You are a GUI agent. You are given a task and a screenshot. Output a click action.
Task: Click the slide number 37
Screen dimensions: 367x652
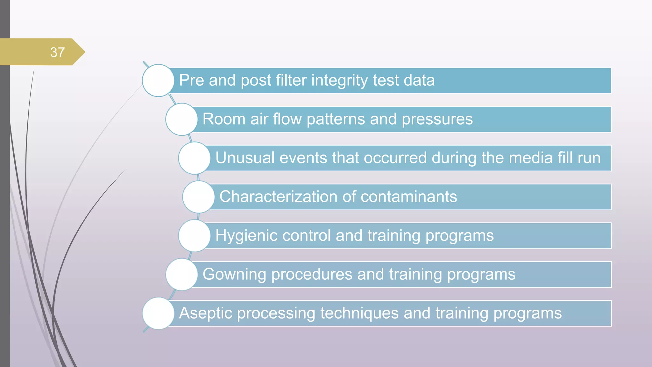point(57,52)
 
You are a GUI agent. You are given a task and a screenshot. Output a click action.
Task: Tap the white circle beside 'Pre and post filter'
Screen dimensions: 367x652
point(158,80)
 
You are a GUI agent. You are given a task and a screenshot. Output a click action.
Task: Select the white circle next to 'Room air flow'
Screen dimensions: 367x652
point(182,119)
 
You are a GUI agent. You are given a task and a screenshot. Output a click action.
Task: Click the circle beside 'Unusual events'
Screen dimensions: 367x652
point(195,158)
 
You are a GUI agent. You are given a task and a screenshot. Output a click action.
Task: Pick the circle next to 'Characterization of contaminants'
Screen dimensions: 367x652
point(198,197)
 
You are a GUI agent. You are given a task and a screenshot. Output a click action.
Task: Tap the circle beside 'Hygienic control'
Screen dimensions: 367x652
point(195,236)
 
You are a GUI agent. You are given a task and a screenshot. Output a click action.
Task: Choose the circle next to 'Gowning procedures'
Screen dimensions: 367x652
point(182,274)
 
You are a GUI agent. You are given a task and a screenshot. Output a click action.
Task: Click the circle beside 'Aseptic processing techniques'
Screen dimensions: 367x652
point(158,313)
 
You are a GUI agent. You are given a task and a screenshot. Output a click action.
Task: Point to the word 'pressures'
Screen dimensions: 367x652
point(437,119)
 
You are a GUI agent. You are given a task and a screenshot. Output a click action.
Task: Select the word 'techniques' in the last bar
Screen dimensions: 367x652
point(359,313)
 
